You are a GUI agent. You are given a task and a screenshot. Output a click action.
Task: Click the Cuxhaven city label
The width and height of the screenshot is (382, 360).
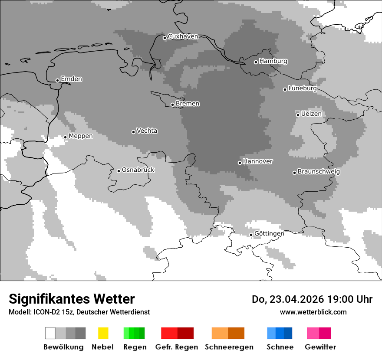(183, 36)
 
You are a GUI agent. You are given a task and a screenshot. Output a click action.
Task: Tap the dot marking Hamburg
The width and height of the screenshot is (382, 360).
(256, 62)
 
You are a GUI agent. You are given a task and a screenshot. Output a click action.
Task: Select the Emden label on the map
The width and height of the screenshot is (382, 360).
(71, 79)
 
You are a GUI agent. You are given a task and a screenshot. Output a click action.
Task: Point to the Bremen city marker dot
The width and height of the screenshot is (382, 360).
(172, 105)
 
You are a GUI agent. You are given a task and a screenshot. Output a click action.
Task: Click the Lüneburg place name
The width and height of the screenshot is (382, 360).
(302, 88)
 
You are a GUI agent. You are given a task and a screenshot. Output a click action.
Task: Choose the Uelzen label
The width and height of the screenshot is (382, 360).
(311, 114)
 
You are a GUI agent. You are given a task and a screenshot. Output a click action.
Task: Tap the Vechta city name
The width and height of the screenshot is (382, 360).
(147, 131)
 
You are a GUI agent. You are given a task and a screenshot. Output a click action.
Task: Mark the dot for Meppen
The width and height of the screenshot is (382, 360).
(65, 137)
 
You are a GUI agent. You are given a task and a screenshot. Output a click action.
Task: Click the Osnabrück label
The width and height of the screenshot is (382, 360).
(138, 170)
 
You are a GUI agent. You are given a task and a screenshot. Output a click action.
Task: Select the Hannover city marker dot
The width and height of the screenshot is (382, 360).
(240, 163)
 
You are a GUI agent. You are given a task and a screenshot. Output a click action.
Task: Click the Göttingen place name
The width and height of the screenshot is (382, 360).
(269, 233)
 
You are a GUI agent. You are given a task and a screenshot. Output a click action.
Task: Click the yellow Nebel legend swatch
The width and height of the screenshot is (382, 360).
(103, 333)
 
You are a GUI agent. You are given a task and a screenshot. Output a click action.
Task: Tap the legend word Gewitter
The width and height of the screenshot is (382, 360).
(320, 347)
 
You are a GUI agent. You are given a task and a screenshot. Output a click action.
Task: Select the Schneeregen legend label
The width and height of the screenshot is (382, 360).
(229, 347)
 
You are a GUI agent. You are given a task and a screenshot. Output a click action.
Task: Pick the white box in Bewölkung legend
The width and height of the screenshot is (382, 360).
(50, 333)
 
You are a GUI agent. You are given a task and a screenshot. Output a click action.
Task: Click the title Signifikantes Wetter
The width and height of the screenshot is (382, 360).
(72, 299)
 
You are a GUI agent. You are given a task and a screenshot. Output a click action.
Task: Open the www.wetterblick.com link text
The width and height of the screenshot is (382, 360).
(313, 312)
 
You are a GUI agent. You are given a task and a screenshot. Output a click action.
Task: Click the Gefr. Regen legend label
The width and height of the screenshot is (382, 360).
(177, 347)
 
